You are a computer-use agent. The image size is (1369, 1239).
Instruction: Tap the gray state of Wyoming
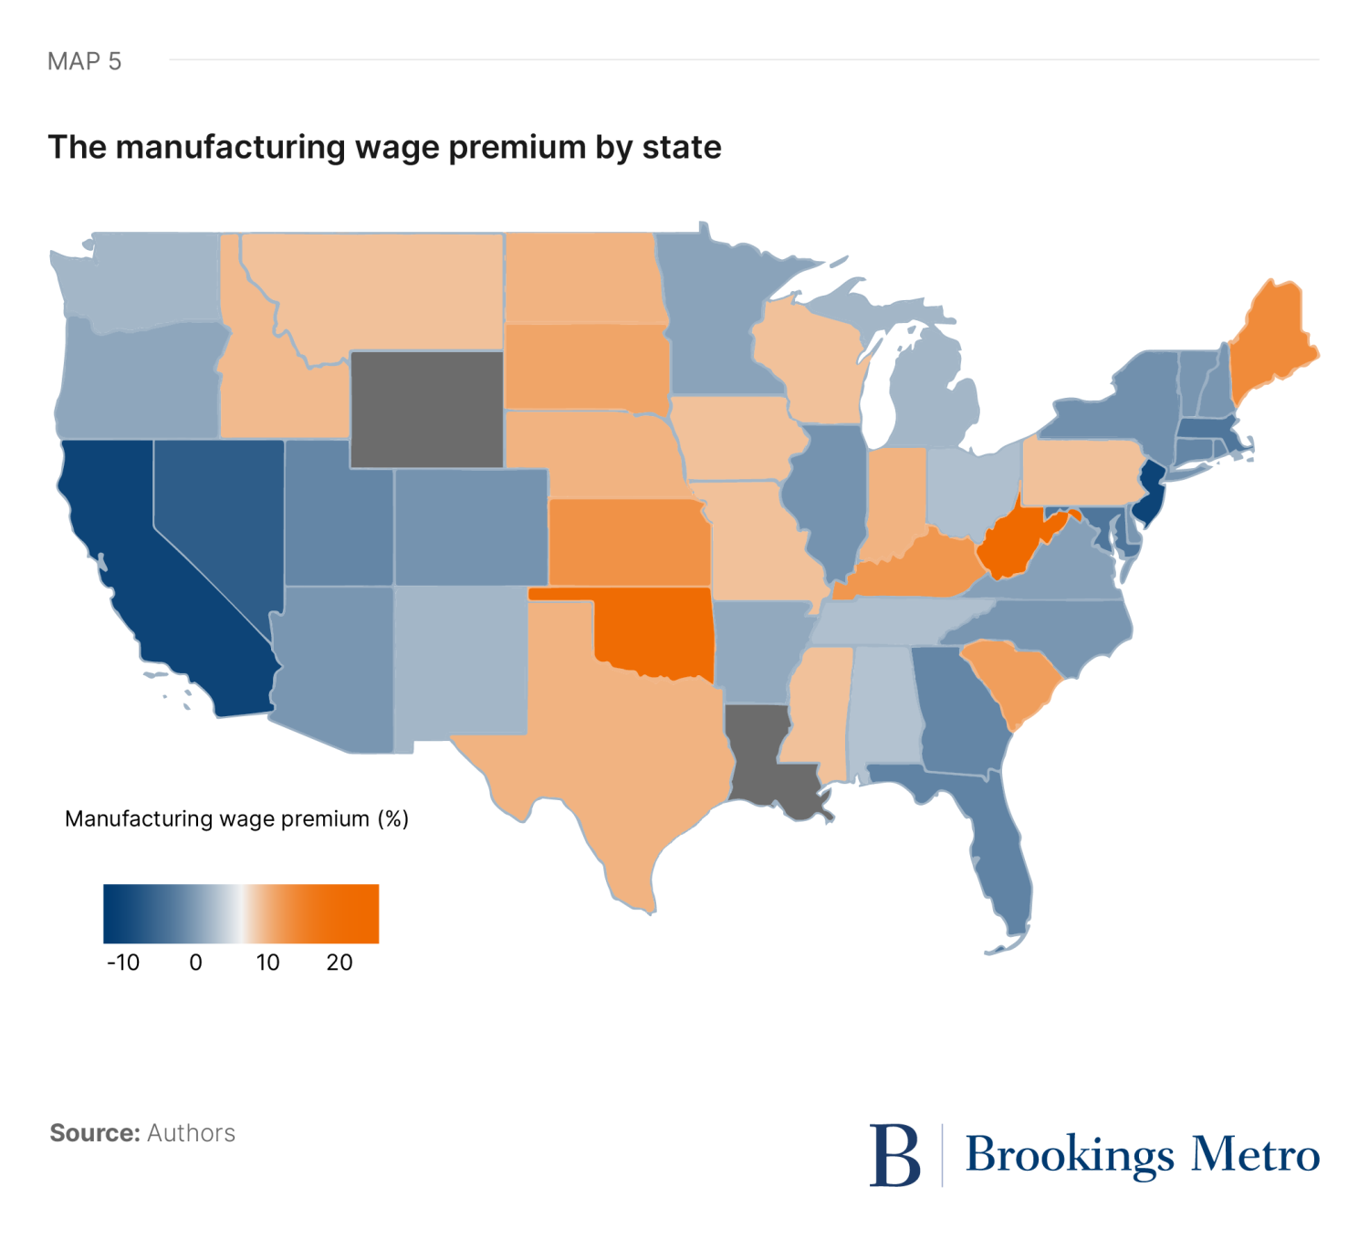tap(426, 409)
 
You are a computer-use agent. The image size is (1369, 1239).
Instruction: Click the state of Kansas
tap(630, 543)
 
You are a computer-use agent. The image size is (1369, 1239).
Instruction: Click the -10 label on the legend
tap(123, 963)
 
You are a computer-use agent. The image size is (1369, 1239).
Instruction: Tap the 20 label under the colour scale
tap(340, 963)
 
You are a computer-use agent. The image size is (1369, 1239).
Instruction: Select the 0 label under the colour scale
tap(195, 963)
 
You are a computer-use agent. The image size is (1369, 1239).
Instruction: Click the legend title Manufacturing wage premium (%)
tap(236, 818)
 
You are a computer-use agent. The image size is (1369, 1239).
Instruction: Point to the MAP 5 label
tap(84, 61)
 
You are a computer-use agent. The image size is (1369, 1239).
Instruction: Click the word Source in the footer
tap(94, 1133)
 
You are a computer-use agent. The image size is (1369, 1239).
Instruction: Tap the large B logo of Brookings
tap(894, 1155)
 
